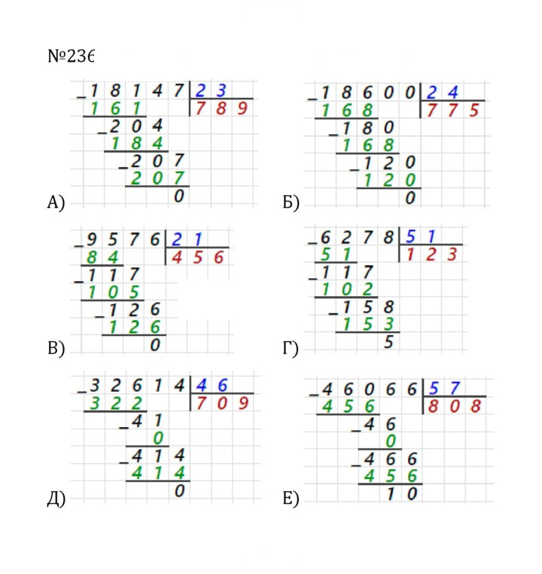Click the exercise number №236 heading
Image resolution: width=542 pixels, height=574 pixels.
click(71, 56)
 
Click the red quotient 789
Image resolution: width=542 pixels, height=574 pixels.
click(221, 108)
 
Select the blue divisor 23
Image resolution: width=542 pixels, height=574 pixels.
click(211, 90)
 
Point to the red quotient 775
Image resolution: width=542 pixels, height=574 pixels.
click(452, 110)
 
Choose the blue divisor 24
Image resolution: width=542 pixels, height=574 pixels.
click(442, 92)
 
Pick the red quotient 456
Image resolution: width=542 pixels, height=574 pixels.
click(197, 258)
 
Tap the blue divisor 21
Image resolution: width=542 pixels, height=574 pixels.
click(187, 240)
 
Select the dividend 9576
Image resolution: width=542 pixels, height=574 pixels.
click(123, 240)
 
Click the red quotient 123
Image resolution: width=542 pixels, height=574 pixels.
click(431, 255)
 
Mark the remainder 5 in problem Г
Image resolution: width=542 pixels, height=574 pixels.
click(388, 342)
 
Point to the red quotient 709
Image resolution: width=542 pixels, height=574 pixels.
click(222, 404)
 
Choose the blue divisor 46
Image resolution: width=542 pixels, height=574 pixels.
click(212, 386)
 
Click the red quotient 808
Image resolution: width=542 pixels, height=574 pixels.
click(455, 406)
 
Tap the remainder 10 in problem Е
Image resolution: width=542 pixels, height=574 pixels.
click(401, 494)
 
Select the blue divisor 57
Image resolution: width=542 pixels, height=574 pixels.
click(444, 388)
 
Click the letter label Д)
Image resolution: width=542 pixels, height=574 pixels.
click(56, 499)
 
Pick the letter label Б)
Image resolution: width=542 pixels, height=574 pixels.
click(291, 202)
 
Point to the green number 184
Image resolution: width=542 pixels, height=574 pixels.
click(136, 143)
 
